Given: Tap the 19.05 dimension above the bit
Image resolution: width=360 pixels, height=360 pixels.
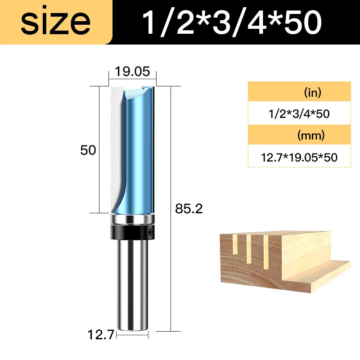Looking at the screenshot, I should [132, 72].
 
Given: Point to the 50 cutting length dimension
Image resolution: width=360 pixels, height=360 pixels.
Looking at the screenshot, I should [88, 150].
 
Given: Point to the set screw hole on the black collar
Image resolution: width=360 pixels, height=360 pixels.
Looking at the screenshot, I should [149, 233].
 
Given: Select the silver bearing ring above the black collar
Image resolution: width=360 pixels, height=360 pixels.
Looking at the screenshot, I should [132, 219].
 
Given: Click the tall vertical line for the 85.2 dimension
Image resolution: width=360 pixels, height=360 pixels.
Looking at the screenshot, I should [171, 207].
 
